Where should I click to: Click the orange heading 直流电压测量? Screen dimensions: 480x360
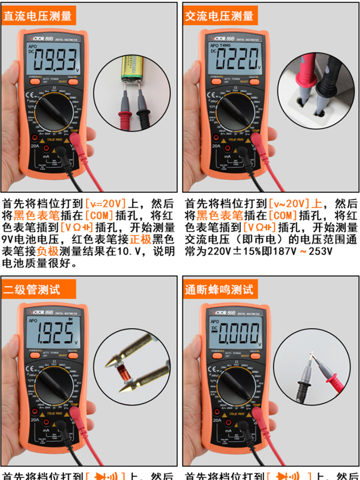[37, 16]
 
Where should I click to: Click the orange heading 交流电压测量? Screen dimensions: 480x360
[219, 16]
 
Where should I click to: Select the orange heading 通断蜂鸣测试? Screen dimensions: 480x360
[219, 289]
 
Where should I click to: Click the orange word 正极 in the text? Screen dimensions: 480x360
[140, 239]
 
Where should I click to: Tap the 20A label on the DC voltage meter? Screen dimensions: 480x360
[35, 146]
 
